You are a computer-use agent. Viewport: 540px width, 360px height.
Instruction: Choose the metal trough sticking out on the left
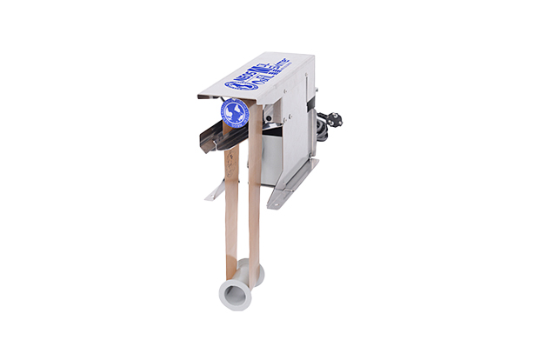(x=209, y=137)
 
